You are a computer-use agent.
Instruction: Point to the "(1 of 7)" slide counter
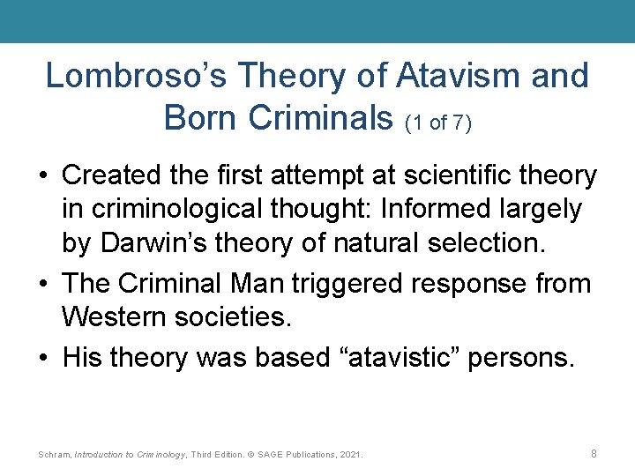point(437,123)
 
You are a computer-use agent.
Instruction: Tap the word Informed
point(450,210)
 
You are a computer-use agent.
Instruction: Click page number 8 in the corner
point(594,453)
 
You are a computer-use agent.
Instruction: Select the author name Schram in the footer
point(54,455)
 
